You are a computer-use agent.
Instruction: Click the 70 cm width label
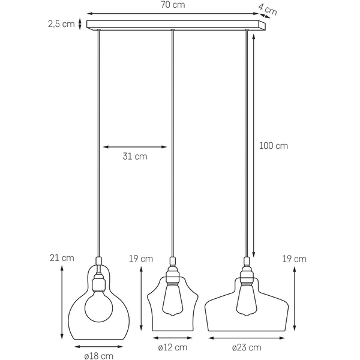(174, 5)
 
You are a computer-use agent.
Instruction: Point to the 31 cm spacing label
(135, 157)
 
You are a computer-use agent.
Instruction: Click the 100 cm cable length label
(274, 146)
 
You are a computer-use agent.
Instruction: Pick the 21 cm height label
(62, 258)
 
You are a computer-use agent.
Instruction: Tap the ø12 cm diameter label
(172, 347)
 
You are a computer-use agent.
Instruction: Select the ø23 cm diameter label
(247, 347)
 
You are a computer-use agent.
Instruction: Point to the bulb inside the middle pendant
(173, 298)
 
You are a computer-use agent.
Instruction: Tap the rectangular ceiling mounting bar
(175, 25)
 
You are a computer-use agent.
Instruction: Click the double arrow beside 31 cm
(135, 146)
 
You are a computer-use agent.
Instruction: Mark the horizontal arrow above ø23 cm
(247, 338)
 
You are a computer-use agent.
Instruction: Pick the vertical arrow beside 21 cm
(62, 302)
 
